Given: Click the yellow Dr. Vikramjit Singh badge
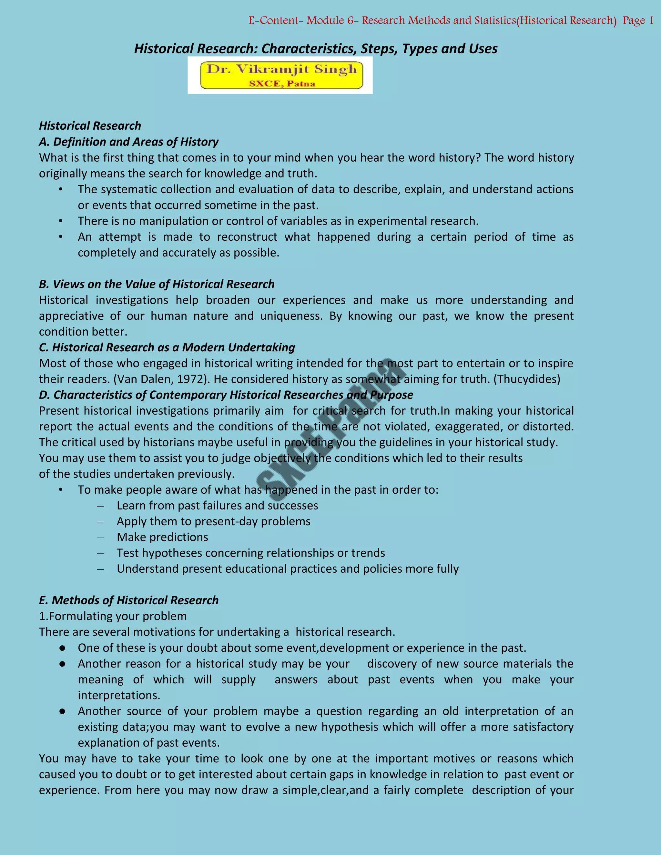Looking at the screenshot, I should coord(281,75).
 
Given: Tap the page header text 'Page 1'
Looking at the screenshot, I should coord(638,21).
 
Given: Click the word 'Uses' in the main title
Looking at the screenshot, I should coord(483,49).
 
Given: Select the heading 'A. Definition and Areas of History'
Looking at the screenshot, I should coord(128,142).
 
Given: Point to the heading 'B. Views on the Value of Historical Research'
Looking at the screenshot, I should coord(157,284).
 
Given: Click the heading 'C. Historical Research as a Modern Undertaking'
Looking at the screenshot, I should coord(167,347).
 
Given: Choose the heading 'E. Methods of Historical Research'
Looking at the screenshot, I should coord(128,600).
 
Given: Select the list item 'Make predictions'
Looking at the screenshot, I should coord(162,537).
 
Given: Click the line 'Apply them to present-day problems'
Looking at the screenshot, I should coord(213,521).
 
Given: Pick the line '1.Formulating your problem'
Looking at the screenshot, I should coord(113,616).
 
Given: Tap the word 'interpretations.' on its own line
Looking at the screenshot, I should coord(119,695).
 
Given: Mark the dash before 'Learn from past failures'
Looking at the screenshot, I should coord(101,506).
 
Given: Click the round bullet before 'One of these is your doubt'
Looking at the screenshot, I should coord(62,648).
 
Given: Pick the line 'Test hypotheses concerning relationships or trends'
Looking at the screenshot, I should coord(250,553).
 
